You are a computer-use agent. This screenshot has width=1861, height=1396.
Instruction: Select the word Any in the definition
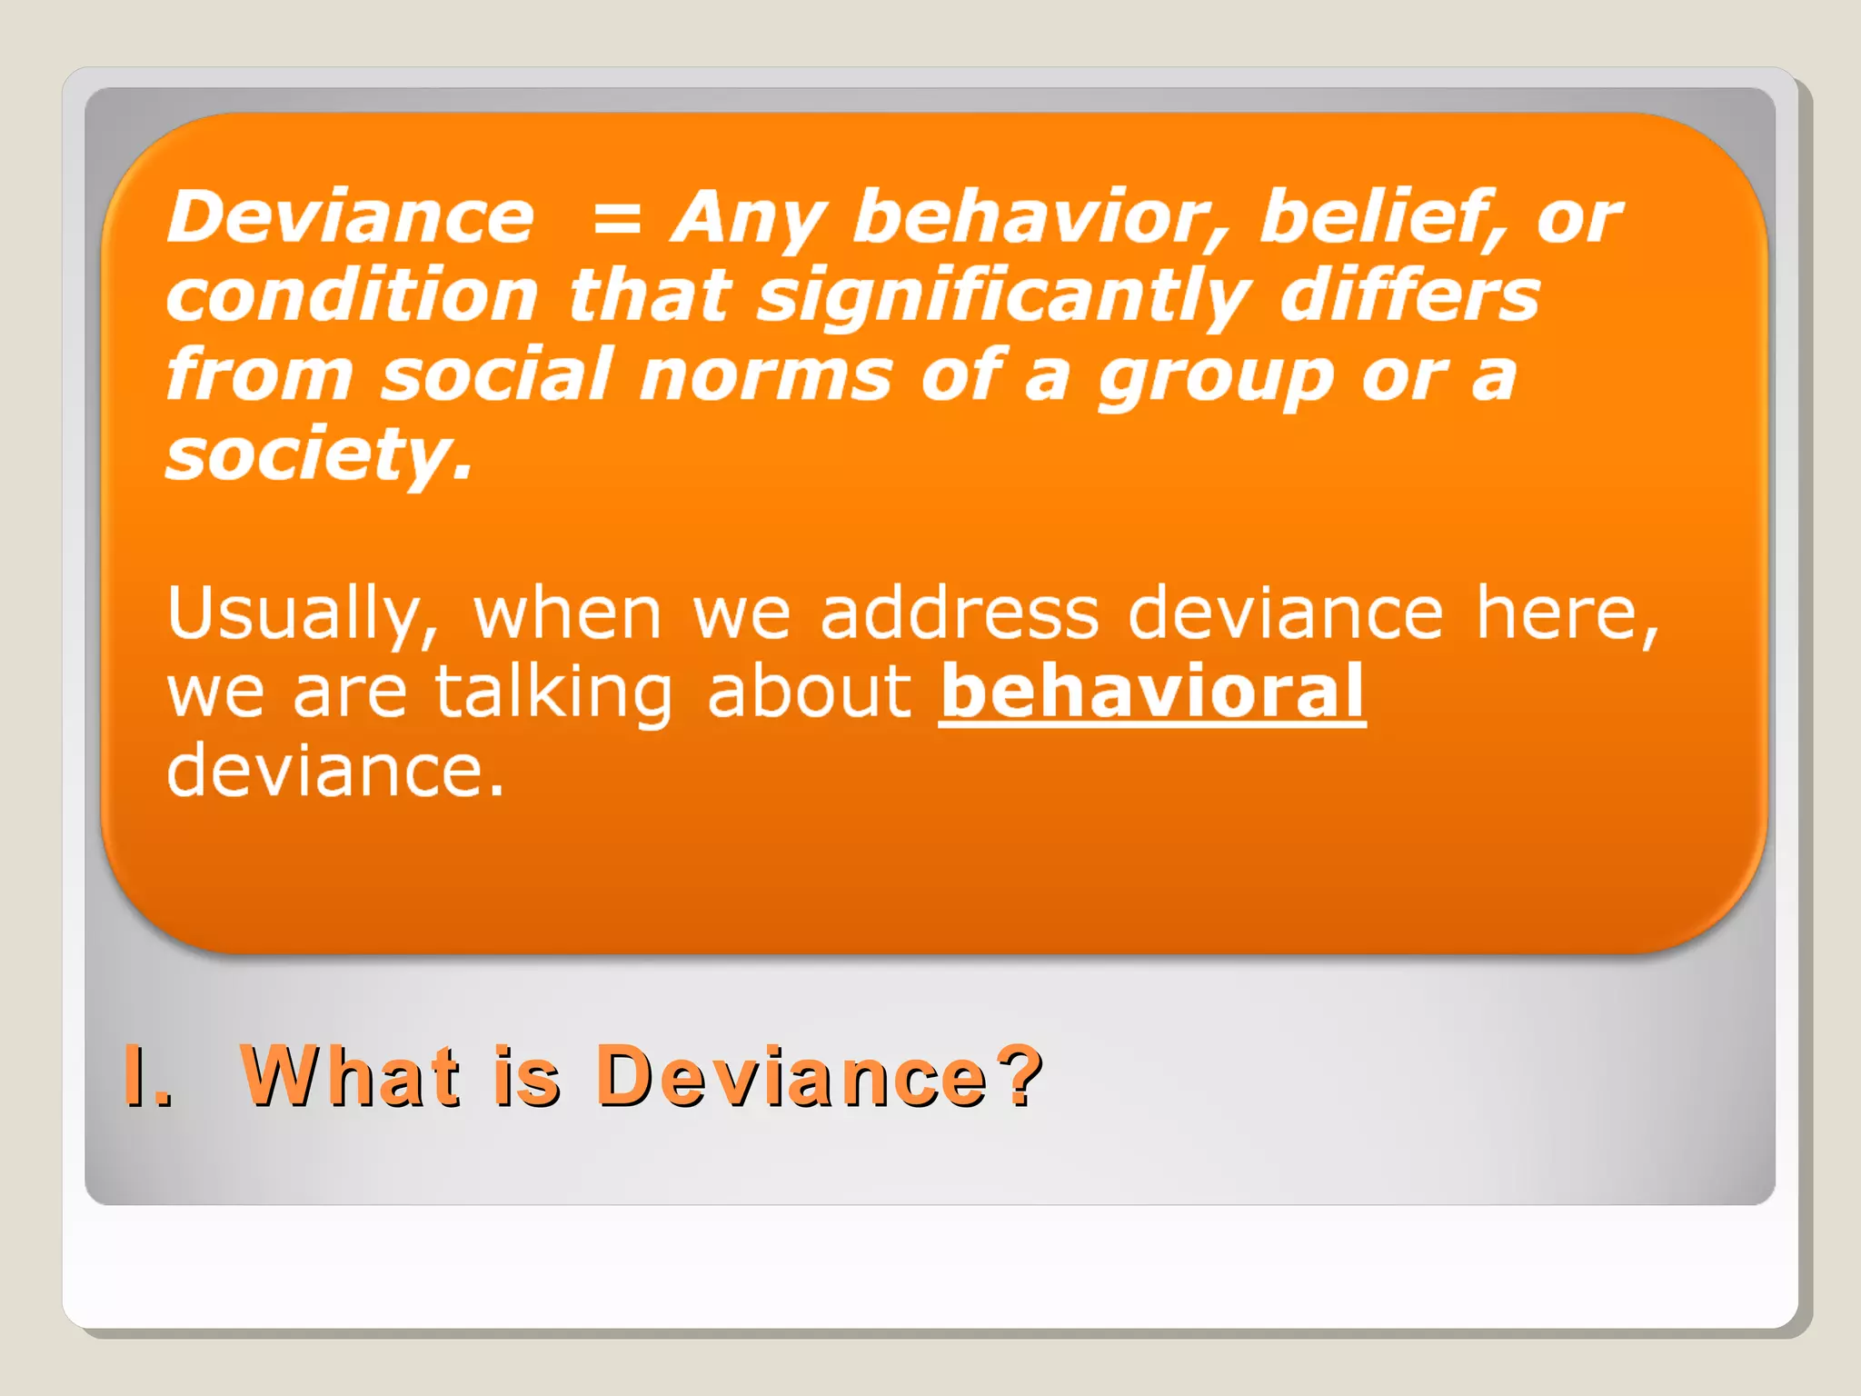747,218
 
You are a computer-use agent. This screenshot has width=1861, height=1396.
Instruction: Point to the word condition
353,296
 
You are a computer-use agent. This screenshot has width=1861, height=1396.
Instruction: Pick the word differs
1409,295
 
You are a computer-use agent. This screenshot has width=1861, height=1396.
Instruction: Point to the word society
319,454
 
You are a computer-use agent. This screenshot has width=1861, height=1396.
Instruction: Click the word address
960,613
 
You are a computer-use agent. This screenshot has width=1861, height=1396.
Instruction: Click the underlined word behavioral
1152,693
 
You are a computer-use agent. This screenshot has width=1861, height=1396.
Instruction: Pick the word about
809,693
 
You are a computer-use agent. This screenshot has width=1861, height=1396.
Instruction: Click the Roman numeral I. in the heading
147,1076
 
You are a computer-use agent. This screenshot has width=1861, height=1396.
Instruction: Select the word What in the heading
351,1076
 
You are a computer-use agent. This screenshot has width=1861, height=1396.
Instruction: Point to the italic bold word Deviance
351,218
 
